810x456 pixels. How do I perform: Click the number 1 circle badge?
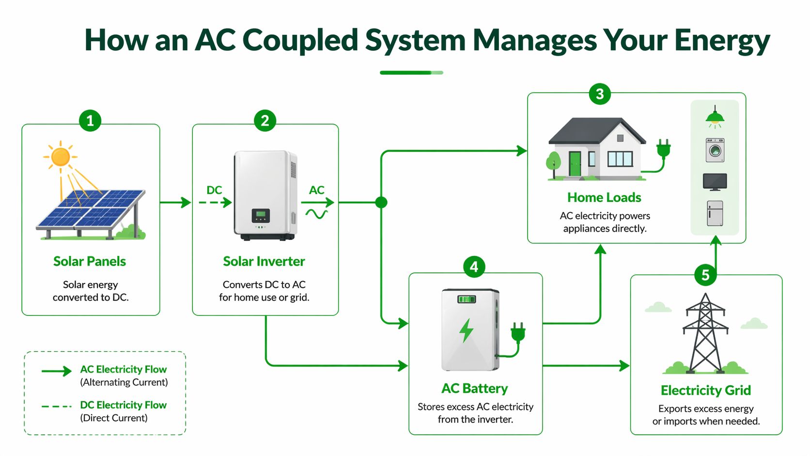coord(90,121)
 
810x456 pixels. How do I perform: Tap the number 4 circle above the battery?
coord(474,267)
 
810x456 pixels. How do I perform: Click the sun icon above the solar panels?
coord(61,157)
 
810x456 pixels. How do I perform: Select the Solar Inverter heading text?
coord(264,262)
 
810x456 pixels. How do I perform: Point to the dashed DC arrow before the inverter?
coord(215,203)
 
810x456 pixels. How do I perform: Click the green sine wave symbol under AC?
coord(316,214)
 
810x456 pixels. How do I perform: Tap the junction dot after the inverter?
coord(381,203)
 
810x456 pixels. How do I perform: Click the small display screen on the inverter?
coord(261,215)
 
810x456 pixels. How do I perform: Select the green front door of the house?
coord(575,164)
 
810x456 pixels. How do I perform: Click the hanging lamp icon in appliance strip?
coord(715,117)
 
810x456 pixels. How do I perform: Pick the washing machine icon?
coord(715,150)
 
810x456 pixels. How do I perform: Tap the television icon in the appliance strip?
coord(715,182)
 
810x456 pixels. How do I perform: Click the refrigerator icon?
coord(715,213)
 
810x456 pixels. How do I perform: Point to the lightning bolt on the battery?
coord(467,330)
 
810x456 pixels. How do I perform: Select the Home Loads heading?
coord(604,198)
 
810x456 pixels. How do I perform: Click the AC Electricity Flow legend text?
coord(123,370)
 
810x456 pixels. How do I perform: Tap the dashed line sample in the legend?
coord(56,406)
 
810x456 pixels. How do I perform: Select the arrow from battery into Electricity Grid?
coord(586,365)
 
